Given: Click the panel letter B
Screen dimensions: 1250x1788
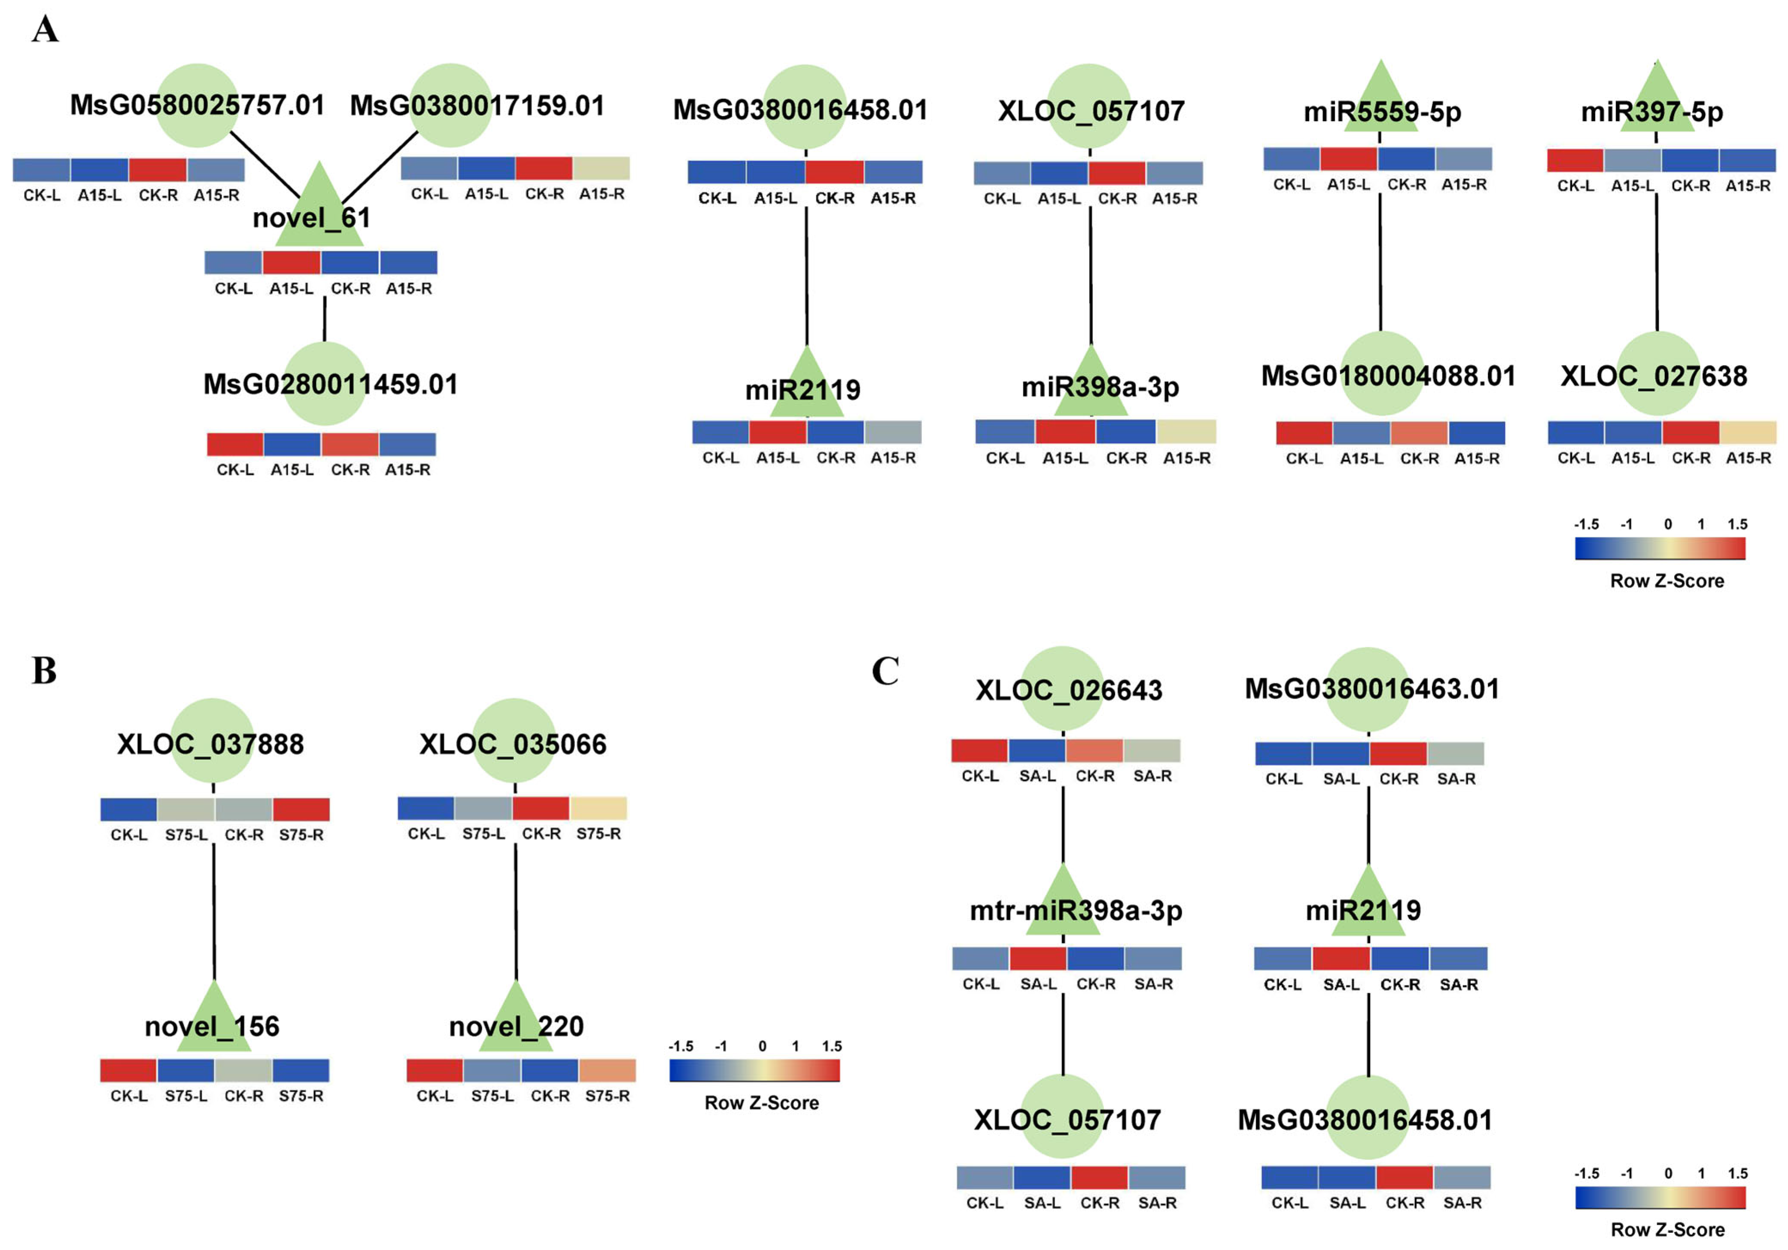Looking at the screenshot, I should click(44, 671).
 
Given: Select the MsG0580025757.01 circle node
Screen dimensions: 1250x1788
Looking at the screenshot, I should click(197, 105).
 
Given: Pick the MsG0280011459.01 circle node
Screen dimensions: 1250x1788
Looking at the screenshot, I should click(324, 383).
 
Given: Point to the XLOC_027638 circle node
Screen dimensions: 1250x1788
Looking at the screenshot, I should click(1657, 374).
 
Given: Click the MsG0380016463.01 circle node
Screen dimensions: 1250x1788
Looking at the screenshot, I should click(1368, 689).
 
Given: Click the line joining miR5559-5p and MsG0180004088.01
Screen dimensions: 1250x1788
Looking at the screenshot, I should click(1381, 261).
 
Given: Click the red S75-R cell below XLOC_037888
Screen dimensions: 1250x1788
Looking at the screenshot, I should click(301, 809).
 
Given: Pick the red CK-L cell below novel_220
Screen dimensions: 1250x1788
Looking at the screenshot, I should click(435, 1071).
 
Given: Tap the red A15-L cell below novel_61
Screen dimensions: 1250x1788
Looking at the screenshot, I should click(291, 262).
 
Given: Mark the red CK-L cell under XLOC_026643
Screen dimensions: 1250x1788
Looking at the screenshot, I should click(979, 751).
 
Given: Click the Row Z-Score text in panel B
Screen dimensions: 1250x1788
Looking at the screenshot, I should click(762, 1103).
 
